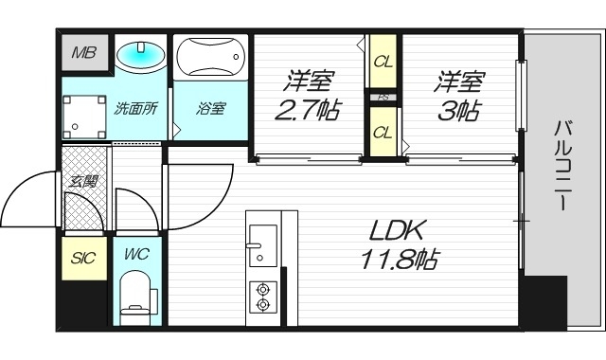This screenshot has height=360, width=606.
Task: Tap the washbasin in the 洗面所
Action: click(140, 56)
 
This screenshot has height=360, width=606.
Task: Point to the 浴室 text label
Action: click(210, 107)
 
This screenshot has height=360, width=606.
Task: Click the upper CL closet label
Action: click(383, 63)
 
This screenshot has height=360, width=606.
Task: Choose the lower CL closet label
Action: click(383, 132)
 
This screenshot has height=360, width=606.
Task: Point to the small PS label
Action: click(383, 97)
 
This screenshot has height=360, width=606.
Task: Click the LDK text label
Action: click(398, 229)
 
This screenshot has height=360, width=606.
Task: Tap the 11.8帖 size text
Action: click(398, 258)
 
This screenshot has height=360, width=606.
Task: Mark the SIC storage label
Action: click(84, 257)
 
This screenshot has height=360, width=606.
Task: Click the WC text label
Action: click(137, 256)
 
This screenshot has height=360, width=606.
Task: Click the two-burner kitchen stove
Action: click(260, 297)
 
